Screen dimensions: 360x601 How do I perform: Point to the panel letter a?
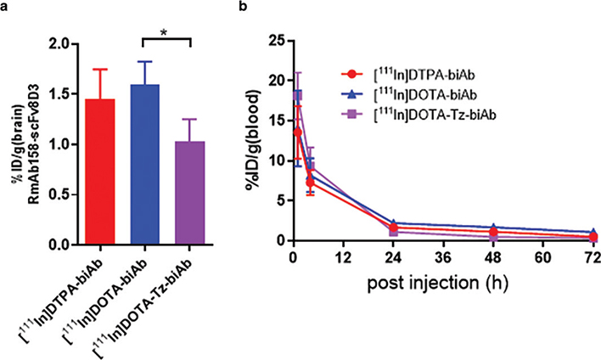tap(7, 8)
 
